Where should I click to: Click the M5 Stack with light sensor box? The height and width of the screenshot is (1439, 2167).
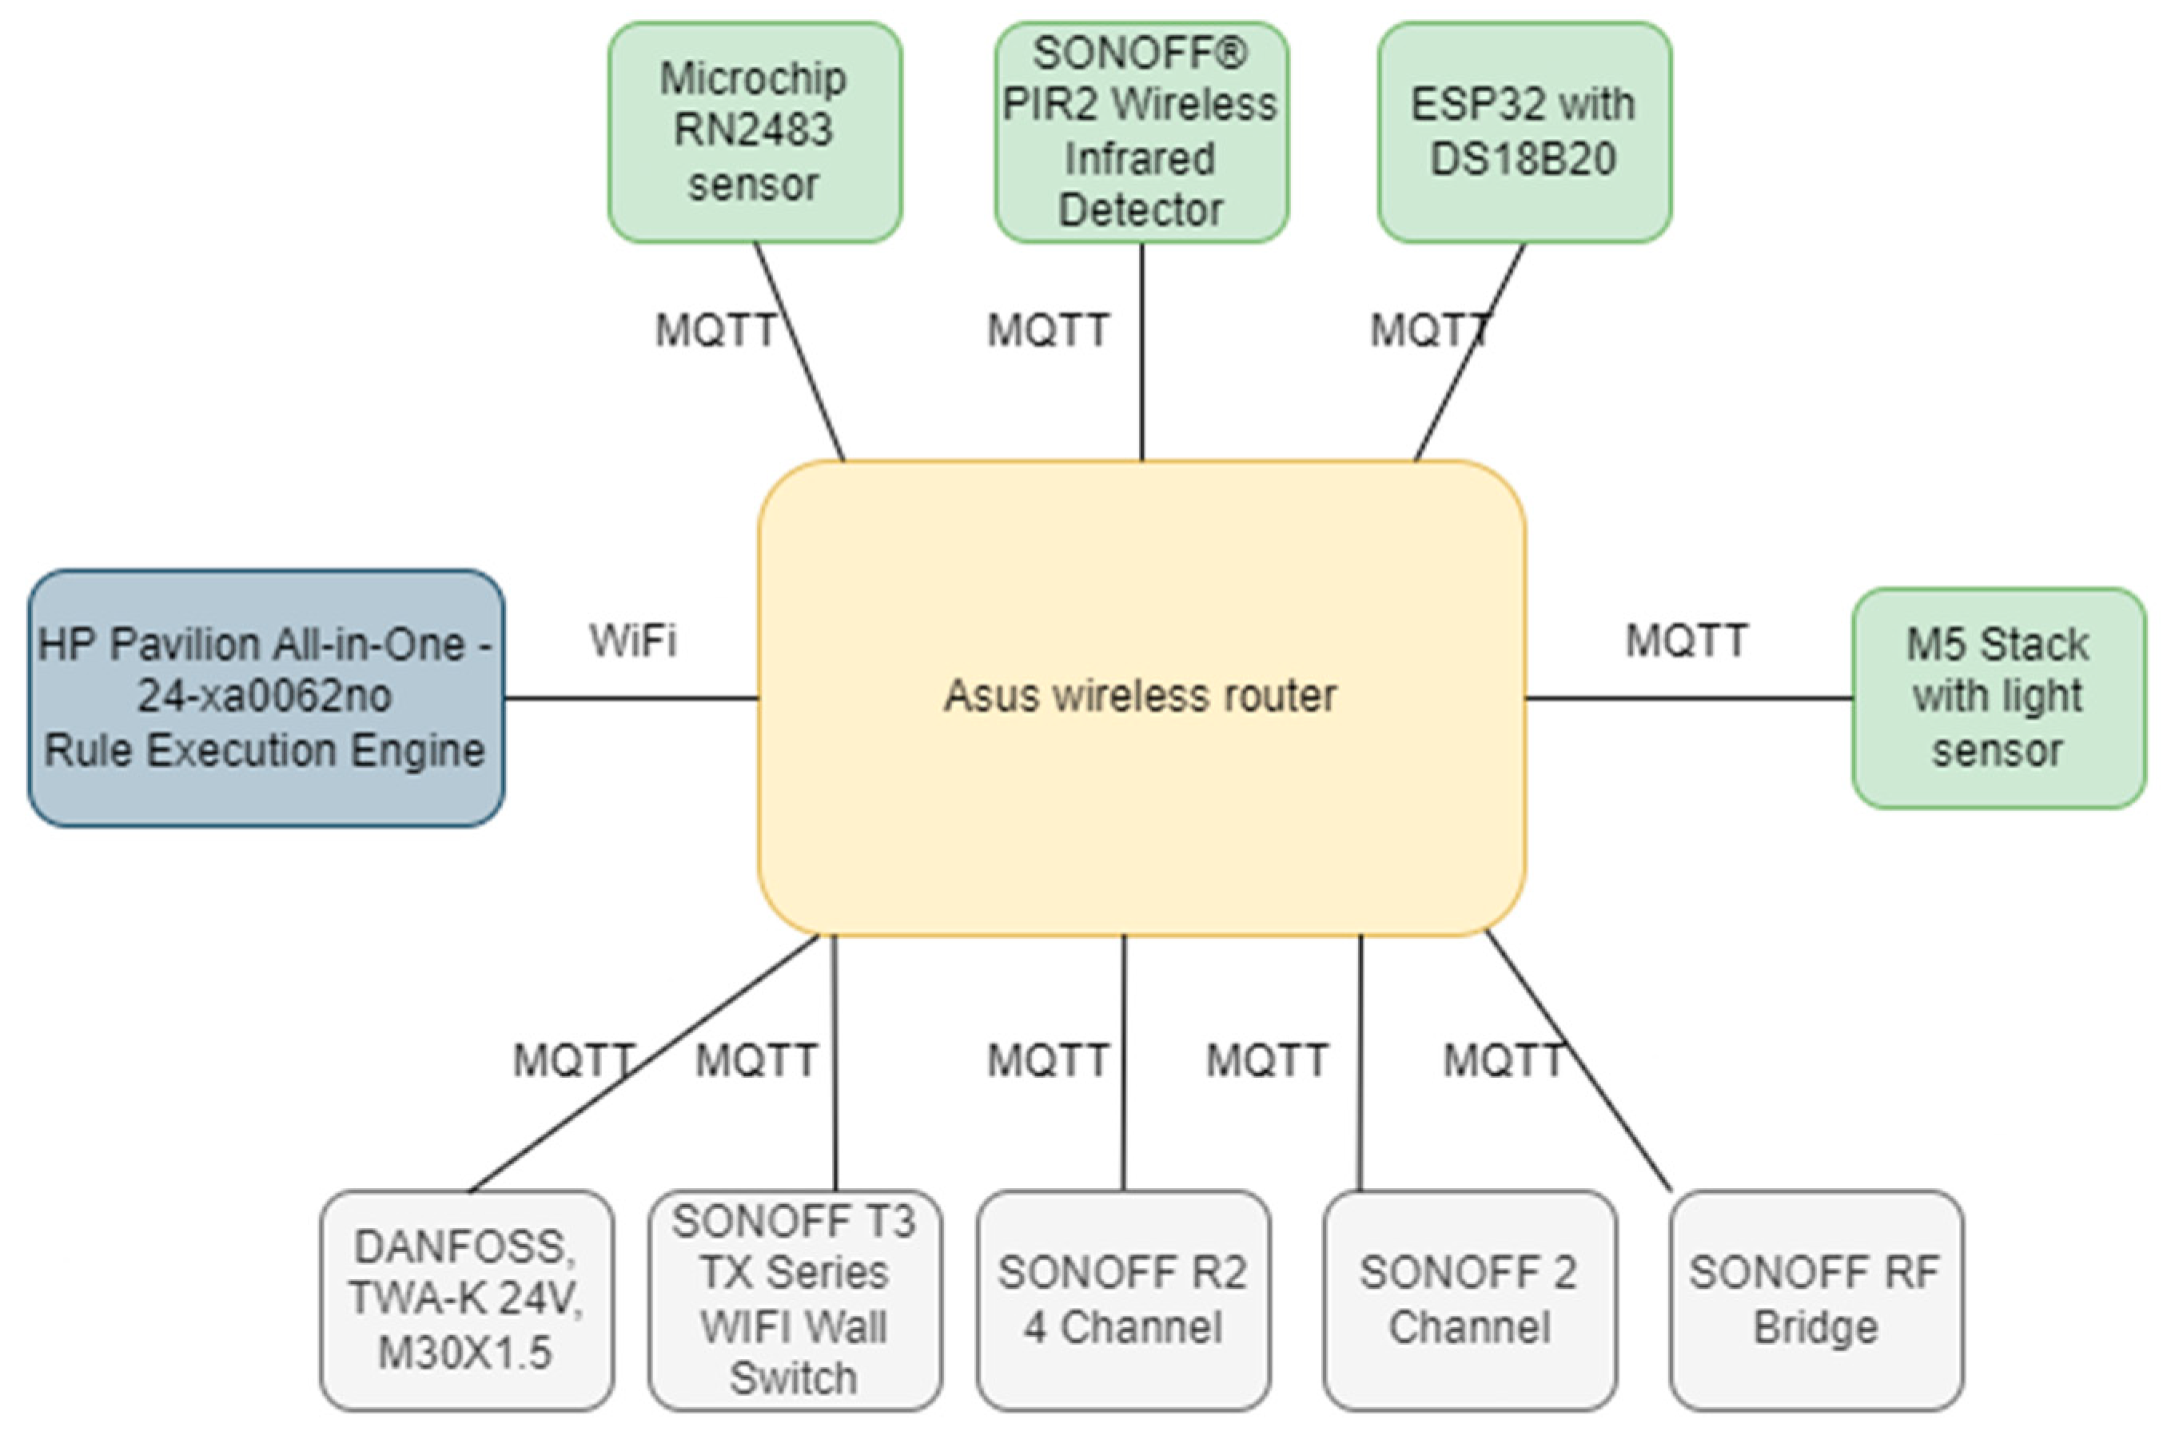coord(1998,698)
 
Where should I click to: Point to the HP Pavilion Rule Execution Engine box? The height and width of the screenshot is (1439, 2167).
coord(265,698)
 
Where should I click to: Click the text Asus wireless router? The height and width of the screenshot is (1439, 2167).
coord(1140,696)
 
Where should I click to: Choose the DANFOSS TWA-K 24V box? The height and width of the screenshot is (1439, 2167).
coord(466,1299)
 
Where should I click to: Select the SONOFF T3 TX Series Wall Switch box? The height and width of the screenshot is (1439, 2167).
coord(795,1299)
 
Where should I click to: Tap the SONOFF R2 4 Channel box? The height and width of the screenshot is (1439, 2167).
coord(1123,1299)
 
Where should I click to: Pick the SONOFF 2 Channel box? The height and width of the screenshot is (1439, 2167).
coord(1469,1299)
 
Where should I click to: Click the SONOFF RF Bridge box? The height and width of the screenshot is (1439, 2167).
coord(1815,1299)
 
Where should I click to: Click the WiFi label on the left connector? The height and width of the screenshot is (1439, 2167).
coord(633,641)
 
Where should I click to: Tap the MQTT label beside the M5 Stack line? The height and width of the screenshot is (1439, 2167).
coord(1687,641)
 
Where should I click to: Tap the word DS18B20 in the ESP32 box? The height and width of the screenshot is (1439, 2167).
coord(1523,159)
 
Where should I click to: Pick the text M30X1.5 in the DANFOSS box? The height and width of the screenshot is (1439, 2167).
coord(465,1353)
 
